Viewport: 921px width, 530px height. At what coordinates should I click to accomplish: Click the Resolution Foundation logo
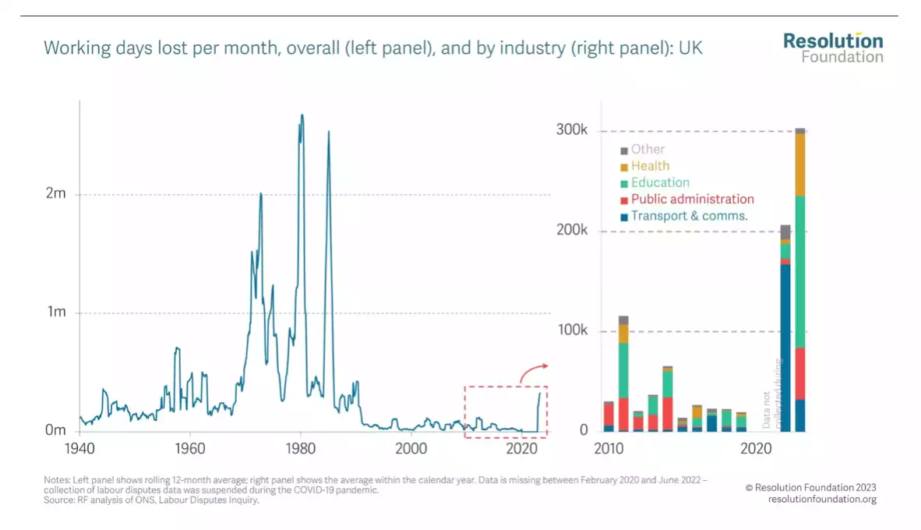click(x=833, y=48)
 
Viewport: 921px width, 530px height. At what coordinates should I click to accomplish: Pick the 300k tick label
click(x=572, y=130)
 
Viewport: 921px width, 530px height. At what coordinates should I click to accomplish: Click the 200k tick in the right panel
click(x=572, y=231)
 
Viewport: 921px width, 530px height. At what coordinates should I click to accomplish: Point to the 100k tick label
click(x=572, y=331)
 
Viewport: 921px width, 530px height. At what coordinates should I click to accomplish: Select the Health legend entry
click(x=650, y=166)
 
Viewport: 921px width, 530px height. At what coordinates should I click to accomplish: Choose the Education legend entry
click(x=660, y=182)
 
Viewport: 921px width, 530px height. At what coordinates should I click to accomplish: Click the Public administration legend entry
click(x=692, y=200)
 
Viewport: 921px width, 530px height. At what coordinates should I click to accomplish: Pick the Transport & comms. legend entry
click(x=689, y=216)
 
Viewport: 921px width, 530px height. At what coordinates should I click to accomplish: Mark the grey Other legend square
click(x=624, y=150)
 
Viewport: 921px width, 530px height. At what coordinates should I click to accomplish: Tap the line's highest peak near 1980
click(x=302, y=115)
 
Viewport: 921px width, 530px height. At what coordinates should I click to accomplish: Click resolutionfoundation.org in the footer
click(x=822, y=500)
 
